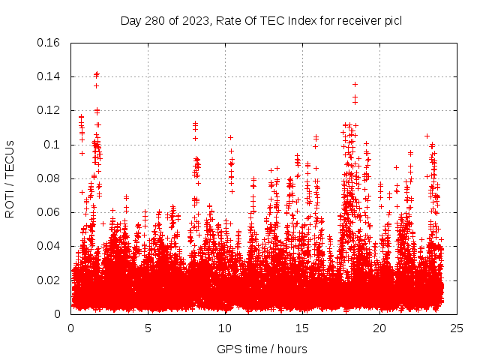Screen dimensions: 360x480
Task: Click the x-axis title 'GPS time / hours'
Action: coord(262,349)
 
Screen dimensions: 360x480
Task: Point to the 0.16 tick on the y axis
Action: coord(49,43)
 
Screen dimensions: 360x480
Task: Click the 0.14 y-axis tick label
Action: coord(49,76)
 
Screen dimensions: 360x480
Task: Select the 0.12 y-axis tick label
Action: coord(49,110)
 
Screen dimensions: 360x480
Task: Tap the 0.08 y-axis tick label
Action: coord(49,178)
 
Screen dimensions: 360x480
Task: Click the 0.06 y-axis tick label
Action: coord(49,212)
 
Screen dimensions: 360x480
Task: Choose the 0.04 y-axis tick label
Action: coord(49,246)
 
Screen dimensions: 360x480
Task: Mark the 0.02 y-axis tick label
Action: coord(49,280)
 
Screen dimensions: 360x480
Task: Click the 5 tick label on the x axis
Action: coord(148,328)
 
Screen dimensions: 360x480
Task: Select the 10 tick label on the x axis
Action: coord(225,328)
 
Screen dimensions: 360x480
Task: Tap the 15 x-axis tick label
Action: coord(302,328)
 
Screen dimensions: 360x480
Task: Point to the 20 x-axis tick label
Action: coord(379,328)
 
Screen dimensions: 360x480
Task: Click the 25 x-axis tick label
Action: coord(457,328)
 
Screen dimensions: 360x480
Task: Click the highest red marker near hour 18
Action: coord(355,84)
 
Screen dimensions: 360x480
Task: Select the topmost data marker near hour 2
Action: coord(97,73)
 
